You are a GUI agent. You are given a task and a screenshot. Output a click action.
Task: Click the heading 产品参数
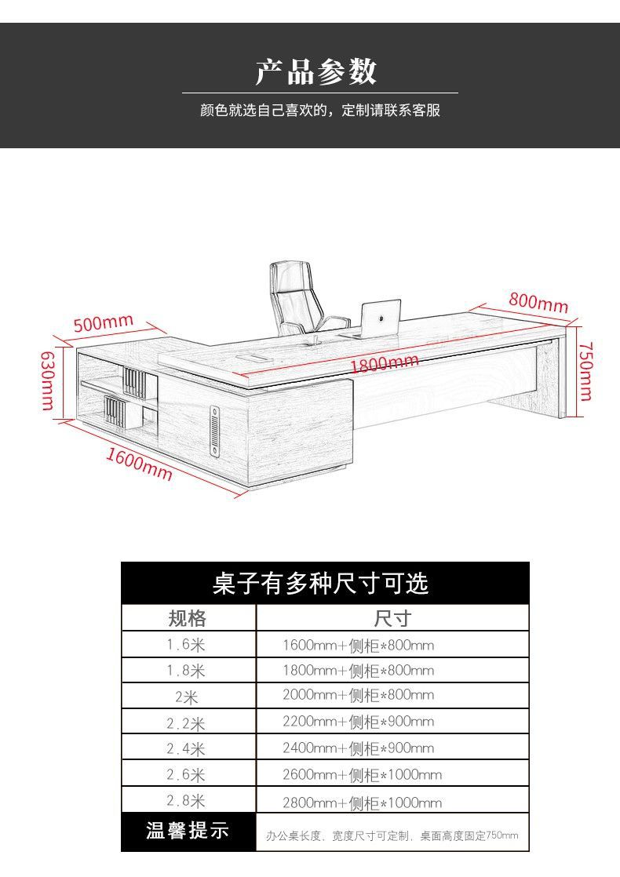point(316,71)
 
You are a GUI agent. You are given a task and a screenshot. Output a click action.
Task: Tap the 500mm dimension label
point(103,322)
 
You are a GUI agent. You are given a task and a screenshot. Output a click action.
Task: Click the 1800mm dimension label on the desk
point(384,363)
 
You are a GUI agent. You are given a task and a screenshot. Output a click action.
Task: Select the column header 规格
point(188,618)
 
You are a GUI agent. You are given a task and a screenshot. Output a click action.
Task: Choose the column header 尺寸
point(392,618)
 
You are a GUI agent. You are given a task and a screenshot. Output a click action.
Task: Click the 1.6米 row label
point(186,646)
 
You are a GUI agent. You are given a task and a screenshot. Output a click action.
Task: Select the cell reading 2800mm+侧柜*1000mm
point(362,802)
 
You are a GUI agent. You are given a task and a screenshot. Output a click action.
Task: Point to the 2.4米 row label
point(186,748)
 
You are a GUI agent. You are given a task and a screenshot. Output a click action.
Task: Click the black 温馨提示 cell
point(188,831)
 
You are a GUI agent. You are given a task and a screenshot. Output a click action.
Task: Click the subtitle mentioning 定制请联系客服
point(320,111)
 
